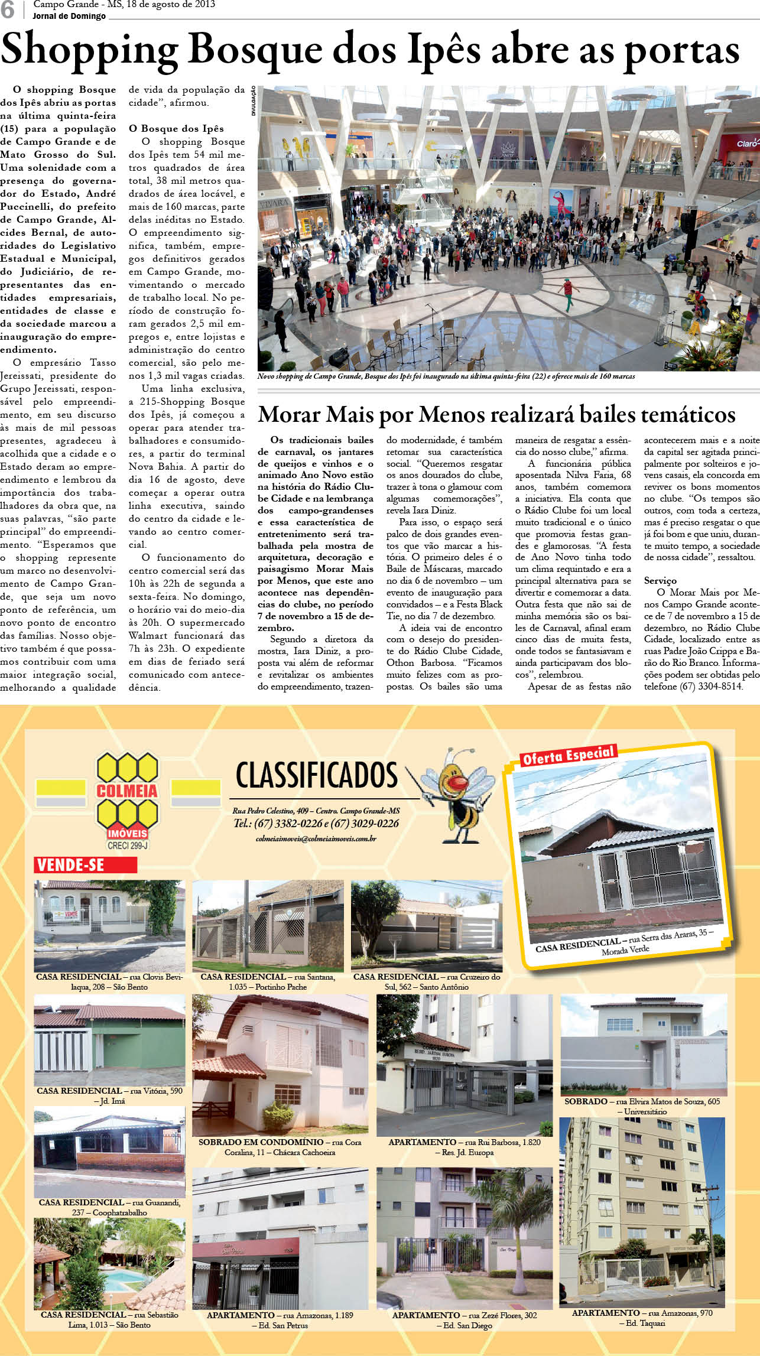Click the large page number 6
[8, 11]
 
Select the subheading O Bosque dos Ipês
[176, 129]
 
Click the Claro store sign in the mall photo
[746, 143]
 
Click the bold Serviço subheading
[660, 581]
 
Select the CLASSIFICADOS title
[317, 776]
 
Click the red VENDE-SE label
[85, 865]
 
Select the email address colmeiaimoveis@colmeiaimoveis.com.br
[316, 838]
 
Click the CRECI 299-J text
[127, 846]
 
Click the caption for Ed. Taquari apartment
[642, 1318]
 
